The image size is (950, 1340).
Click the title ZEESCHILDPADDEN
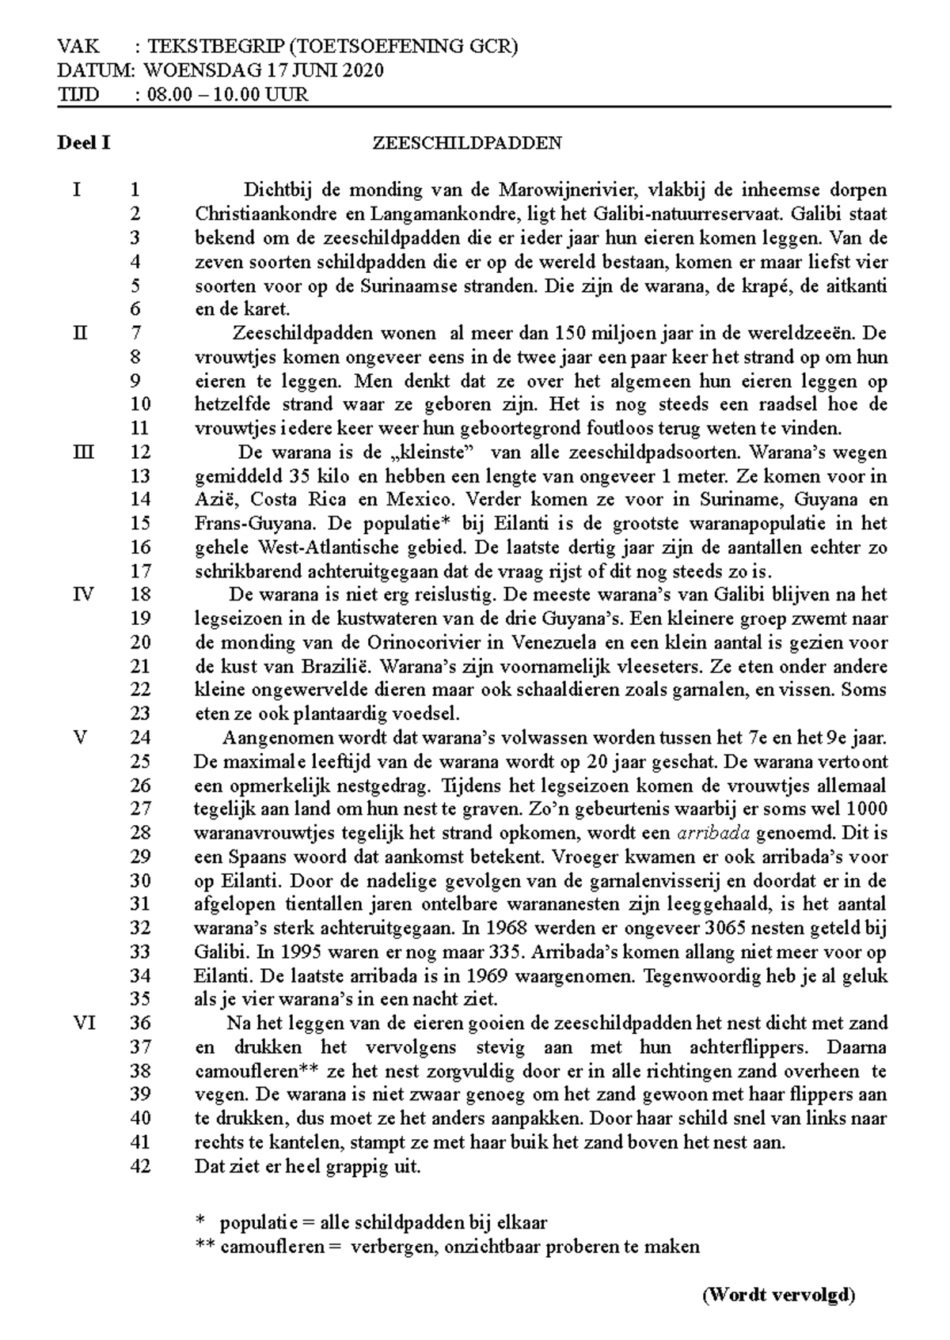click(x=467, y=143)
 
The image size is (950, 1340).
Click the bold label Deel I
click(x=83, y=143)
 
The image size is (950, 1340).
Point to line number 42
click(x=140, y=1166)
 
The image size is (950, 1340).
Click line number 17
click(x=140, y=571)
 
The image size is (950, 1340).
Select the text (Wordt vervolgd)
click(x=779, y=1295)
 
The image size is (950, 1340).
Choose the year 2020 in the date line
click(x=363, y=70)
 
